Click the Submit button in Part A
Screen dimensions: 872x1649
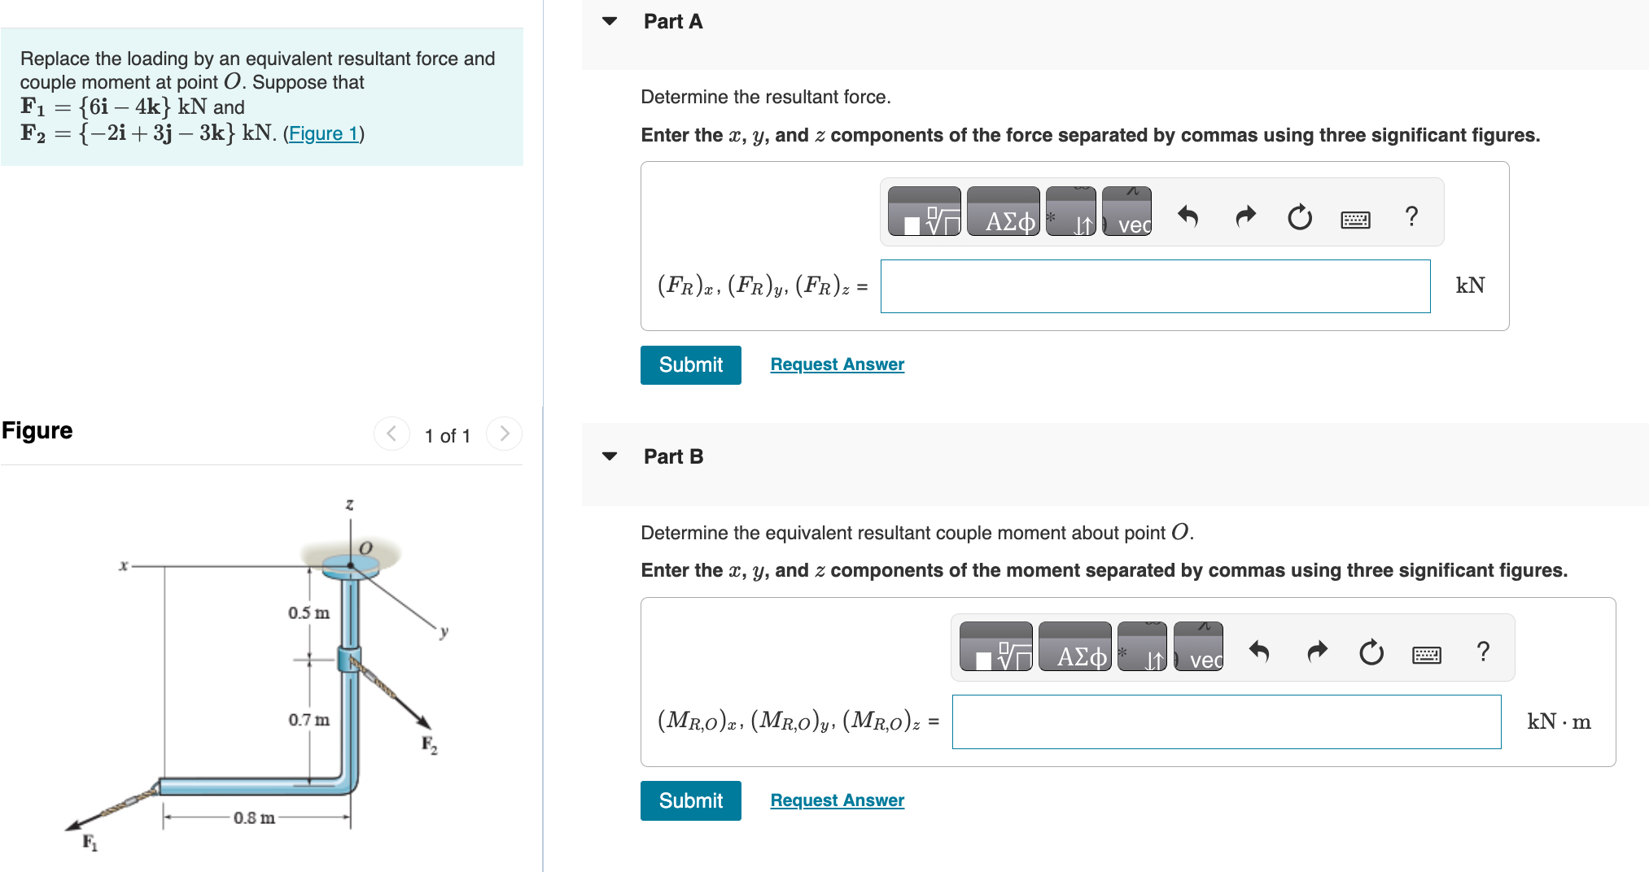tap(690, 365)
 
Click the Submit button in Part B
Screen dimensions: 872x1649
tap(690, 801)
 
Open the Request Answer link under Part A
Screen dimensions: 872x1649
tap(837, 364)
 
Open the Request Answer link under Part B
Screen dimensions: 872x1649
tap(837, 800)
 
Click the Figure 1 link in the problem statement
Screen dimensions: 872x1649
tap(323, 133)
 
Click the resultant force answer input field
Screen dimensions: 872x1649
tap(1154, 286)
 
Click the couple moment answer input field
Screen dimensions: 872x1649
tap(1226, 722)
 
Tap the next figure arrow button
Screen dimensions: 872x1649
tap(504, 434)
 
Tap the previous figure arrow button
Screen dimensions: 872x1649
tap(391, 434)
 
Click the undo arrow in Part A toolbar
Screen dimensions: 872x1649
tap(1188, 216)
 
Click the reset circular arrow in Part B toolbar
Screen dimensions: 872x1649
tap(1371, 652)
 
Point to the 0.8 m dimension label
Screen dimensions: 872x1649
tap(254, 817)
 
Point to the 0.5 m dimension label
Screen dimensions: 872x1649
tap(308, 613)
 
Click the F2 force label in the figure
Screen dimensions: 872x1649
tap(429, 744)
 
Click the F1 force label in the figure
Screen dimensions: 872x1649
tap(90, 843)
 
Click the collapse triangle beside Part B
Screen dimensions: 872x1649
tap(610, 456)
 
